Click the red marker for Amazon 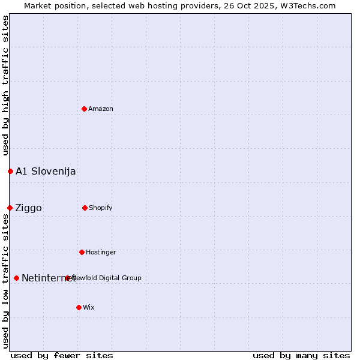pyautogui.click(x=85, y=109)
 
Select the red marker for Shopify pyautogui.click(x=85, y=208)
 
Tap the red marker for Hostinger pyautogui.click(x=82, y=252)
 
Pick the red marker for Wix pyautogui.click(x=79, y=307)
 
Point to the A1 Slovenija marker pyautogui.click(x=10, y=171)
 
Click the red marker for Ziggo pyautogui.click(x=10, y=208)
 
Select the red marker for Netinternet pyautogui.click(x=16, y=278)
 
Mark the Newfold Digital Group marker pyautogui.click(x=67, y=278)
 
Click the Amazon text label pyautogui.click(x=101, y=109)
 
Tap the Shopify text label pyautogui.click(x=101, y=208)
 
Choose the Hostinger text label pyautogui.click(x=101, y=252)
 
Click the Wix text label pyautogui.click(x=89, y=307)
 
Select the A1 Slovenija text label pyautogui.click(x=46, y=171)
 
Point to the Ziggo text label pyautogui.click(x=28, y=208)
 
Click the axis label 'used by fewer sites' pyautogui.click(x=62, y=355)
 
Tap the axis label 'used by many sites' pyautogui.click(x=301, y=355)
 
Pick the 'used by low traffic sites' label pyautogui.click(x=5, y=281)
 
